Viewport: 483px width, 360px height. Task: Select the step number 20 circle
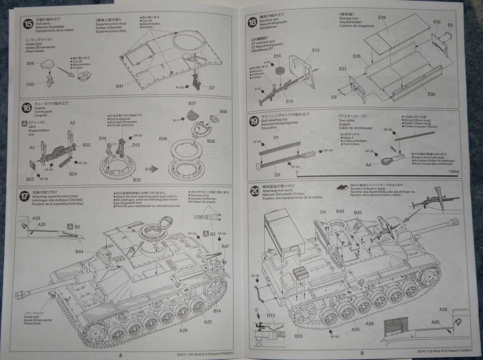[x=255, y=191]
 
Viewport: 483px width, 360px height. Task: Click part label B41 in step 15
[x=119, y=87]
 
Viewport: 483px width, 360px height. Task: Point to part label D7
[x=212, y=88]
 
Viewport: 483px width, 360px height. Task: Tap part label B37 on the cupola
[x=192, y=103]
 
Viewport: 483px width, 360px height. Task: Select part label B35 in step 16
[x=137, y=180]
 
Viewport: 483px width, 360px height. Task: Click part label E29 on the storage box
[x=382, y=17]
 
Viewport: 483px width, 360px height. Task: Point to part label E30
[x=432, y=94]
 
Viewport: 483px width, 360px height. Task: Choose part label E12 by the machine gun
[x=316, y=50]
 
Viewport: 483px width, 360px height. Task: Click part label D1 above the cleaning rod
[x=276, y=138]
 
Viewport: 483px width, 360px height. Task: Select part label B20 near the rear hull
[x=298, y=336]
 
